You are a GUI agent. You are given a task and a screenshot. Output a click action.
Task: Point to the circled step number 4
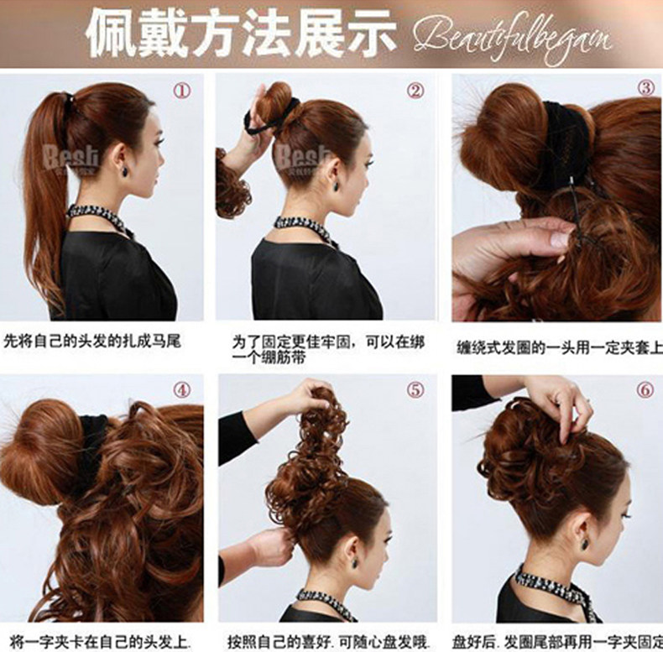[182, 390]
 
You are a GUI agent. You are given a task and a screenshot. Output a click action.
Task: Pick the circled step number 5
[415, 390]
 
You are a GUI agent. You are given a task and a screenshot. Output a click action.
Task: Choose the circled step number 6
[645, 390]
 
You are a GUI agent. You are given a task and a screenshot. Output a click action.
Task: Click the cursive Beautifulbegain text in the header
[514, 36]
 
